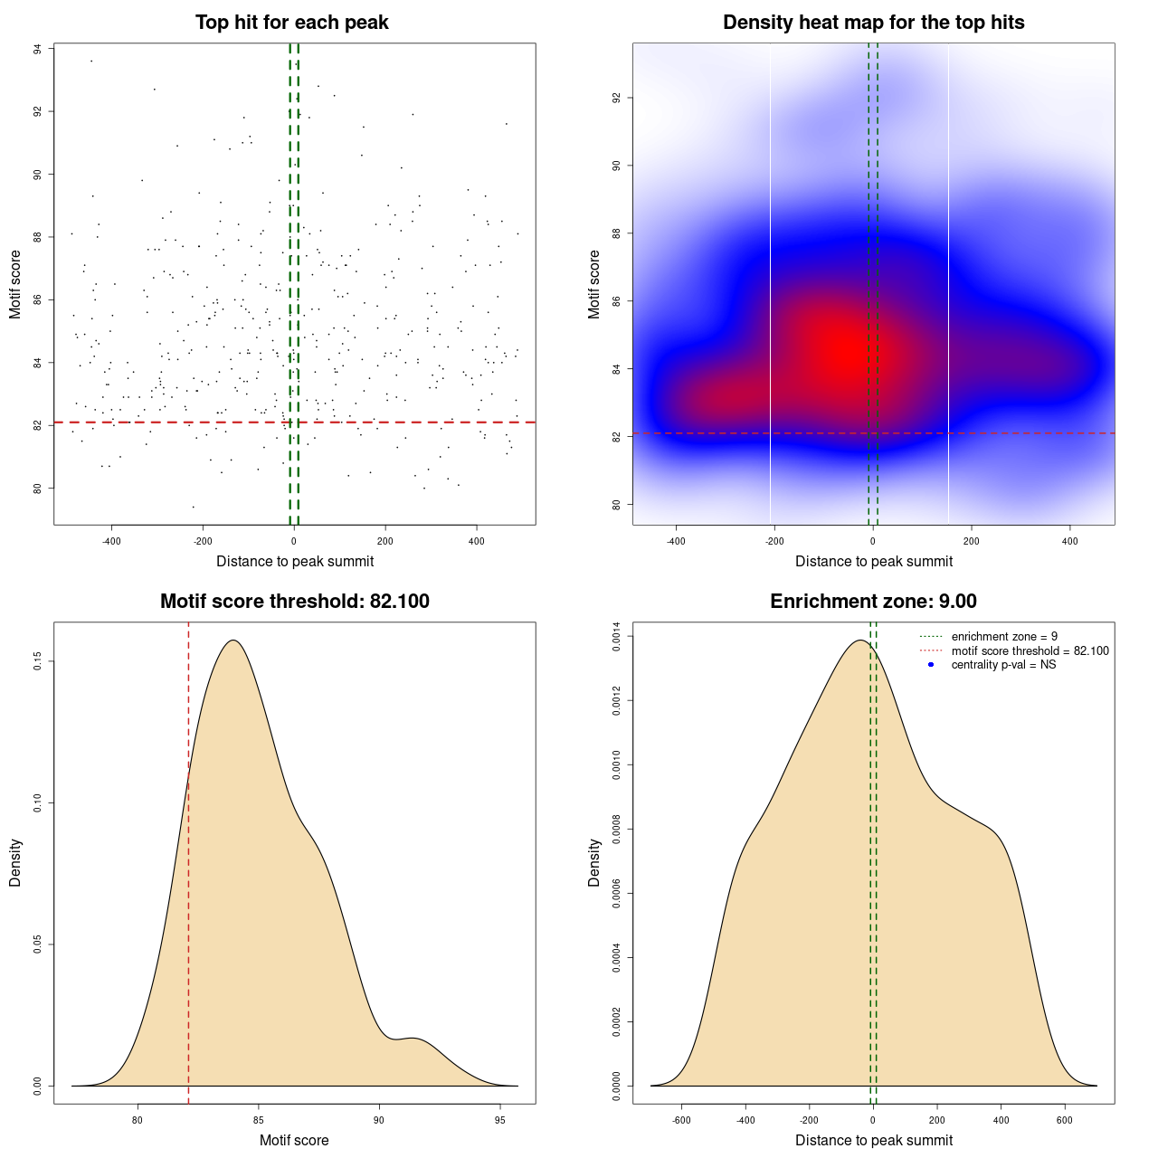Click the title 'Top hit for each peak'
point(291,23)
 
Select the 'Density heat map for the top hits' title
point(873,23)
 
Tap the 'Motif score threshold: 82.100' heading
point(294,602)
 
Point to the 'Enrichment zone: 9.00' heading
point(873,602)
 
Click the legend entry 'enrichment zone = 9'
point(1004,637)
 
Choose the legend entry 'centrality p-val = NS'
point(1003,665)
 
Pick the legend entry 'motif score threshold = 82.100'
point(1030,651)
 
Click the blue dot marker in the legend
point(931,665)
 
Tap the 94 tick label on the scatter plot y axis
point(38,49)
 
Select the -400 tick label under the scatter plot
point(111,541)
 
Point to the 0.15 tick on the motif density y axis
point(38,662)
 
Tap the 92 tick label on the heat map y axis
point(616,98)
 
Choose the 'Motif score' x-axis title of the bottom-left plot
point(294,1141)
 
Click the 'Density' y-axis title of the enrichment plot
point(594,862)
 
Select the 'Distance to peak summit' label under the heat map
point(873,562)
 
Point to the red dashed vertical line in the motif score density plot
point(188,859)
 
